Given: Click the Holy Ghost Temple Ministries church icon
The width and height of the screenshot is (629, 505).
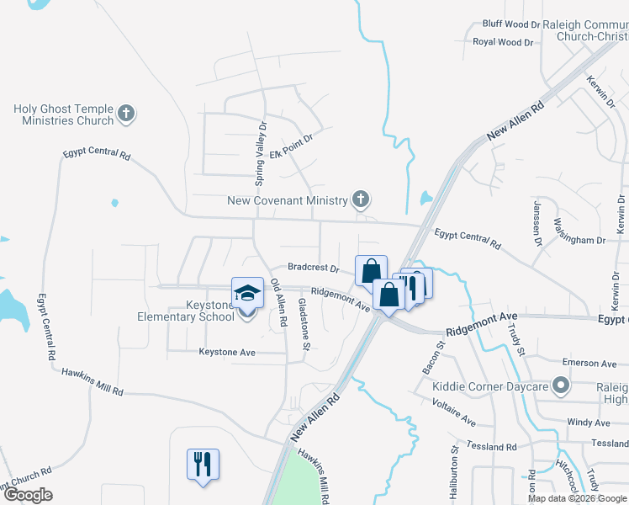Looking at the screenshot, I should coord(126,114).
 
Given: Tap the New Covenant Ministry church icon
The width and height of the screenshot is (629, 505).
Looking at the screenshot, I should coord(361,200).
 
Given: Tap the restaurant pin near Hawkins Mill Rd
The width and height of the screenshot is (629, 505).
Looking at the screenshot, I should coord(203,464).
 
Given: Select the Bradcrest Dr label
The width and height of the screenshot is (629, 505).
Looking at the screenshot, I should coord(313,268).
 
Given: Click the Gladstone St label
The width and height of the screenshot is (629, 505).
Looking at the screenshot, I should coord(304,323).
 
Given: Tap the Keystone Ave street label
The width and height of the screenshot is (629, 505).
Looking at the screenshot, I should coord(227,353).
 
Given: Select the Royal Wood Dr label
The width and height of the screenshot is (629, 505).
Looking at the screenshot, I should coord(503,41).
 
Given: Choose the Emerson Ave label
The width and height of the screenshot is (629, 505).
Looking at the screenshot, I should coord(589,364).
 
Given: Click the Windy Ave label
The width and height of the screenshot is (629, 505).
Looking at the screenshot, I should coord(589,423).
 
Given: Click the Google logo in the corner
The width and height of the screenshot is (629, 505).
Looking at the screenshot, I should coord(27,495).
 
